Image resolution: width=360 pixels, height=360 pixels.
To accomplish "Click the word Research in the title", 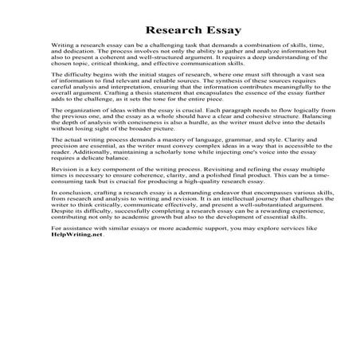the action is [x=156, y=30].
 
